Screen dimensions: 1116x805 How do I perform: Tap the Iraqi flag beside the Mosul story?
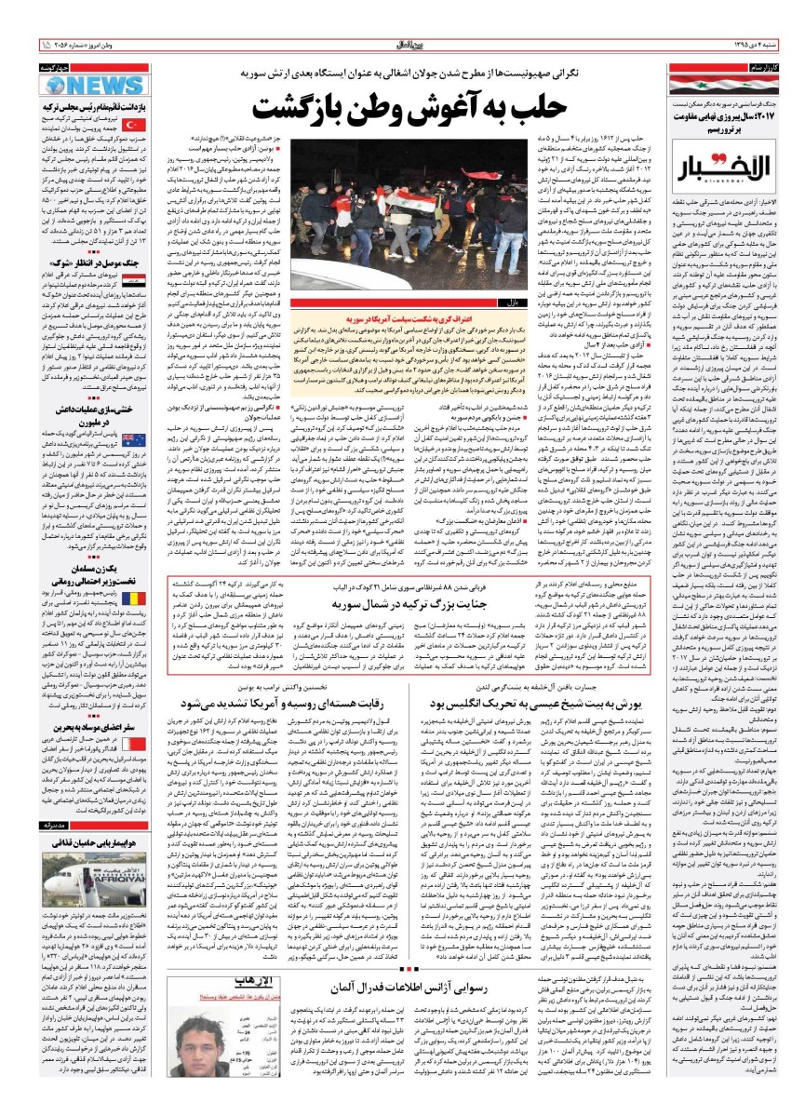(x=131, y=278)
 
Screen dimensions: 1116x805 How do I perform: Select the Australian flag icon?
(x=131, y=439)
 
